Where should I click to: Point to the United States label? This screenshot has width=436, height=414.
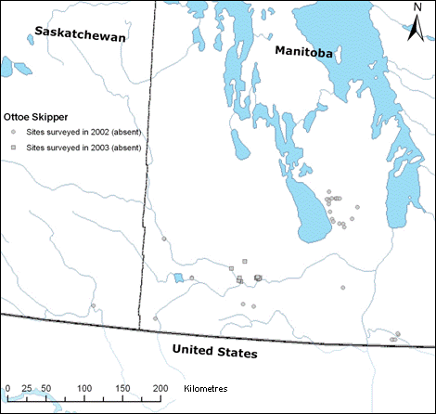point(216,353)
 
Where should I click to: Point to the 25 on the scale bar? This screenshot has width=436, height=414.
point(24,387)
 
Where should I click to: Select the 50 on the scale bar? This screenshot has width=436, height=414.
point(43,387)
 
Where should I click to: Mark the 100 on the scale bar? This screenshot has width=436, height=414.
point(84,387)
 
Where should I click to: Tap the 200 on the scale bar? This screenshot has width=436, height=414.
point(160,387)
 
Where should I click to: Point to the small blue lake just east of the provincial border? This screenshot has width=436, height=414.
point(177,278)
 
